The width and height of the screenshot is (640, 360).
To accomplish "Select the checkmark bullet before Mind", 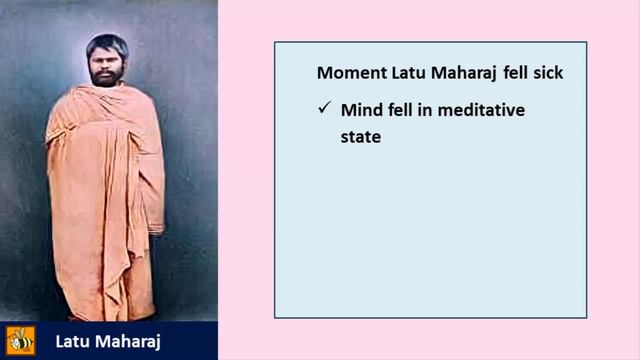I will click(323, 109).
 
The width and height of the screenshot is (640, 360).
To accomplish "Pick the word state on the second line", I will click(361, 135).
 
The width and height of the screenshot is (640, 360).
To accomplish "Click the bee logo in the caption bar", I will click(20, 340).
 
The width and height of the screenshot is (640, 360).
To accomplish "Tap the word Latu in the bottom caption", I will click(72, 341).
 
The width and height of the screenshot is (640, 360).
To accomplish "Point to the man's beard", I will click(107, 79).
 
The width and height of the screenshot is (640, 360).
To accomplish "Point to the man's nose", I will click(107, 66).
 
